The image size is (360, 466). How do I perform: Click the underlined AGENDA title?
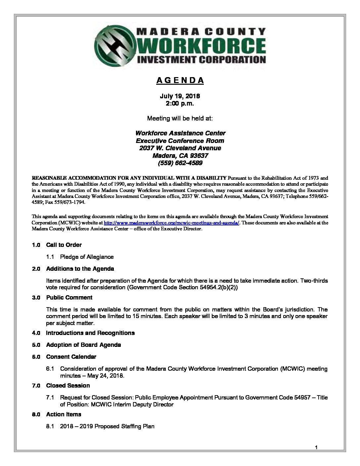pos(180,80)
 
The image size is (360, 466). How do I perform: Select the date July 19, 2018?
pos(180,96)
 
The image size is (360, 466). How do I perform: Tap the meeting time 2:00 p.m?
pos(180,103)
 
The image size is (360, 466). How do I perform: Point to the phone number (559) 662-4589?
pos(180,163)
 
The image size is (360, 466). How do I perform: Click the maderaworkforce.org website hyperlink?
pos(171,223)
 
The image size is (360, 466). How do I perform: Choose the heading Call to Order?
pos(64,245)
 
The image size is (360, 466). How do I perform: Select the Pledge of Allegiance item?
pos(87,257)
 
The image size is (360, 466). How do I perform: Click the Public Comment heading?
pos(69,298)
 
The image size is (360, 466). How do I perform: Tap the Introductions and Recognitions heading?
pos(90,333)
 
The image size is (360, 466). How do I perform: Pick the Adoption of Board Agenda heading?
pos(83,345)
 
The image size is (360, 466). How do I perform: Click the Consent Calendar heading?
pos(71,357)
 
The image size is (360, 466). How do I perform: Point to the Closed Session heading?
pos(68,386)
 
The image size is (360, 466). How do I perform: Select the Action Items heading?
pos(64,414)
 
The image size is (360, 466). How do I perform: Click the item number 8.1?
pos(50,426)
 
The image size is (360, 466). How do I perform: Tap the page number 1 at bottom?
pos(316,448)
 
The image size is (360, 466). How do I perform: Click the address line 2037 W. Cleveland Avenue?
pos(180,148)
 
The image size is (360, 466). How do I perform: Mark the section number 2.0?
pos(36,269)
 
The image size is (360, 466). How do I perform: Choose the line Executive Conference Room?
pos(180,141)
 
